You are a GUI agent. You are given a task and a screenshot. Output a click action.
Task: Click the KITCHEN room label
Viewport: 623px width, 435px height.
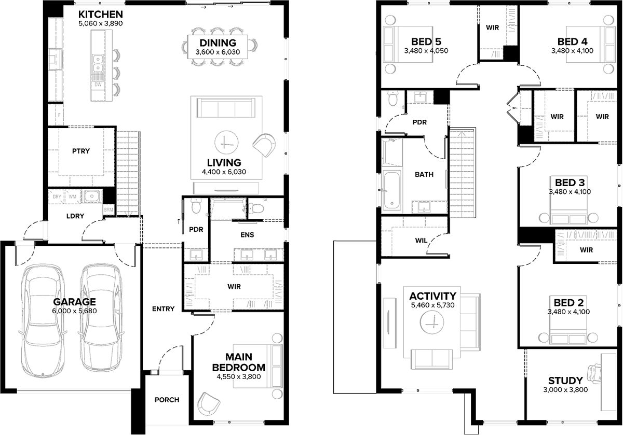(101, 14)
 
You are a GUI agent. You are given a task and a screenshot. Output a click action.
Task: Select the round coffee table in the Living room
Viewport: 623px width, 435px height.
(225, 141)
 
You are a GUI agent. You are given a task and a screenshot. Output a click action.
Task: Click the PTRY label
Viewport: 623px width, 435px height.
(81, 151)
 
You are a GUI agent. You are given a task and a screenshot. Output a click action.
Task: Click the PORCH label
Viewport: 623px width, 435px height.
(167, 400)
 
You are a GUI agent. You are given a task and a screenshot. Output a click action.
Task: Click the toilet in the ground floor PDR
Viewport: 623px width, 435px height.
(195, 207)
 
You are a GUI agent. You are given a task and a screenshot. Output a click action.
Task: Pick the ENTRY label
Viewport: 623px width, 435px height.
(162, 309)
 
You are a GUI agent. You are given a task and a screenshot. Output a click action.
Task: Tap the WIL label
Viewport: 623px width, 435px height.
(421, 240)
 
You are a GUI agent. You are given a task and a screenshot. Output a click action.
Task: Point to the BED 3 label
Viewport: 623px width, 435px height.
(570, 183)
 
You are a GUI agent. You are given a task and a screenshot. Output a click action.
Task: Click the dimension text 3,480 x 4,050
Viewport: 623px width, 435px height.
(426, 51)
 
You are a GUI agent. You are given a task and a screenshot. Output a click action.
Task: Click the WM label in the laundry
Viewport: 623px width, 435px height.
(72, 197)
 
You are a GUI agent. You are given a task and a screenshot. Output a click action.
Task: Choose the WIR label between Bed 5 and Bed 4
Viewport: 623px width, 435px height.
(492, 27)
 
